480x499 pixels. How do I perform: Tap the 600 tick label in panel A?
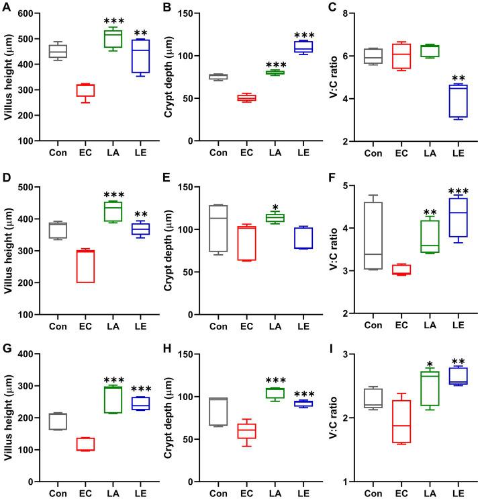click(34, 14)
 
